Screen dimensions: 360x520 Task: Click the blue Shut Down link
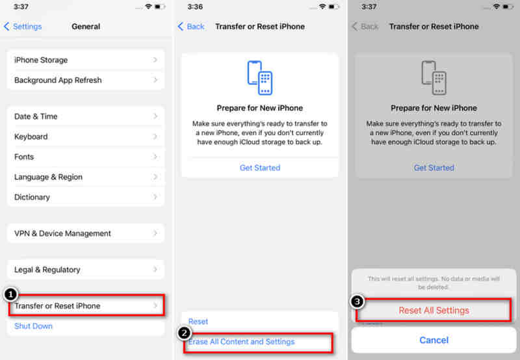click(34, 326)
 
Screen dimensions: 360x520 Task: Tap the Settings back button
click(23, 27)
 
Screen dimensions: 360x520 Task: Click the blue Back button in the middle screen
click(192, 27)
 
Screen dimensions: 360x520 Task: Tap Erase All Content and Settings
click(242, 342)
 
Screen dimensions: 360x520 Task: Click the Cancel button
click(434, 340)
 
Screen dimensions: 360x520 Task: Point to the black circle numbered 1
click(10, 294)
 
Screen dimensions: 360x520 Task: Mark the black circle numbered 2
click(185, 333)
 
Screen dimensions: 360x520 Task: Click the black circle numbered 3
click(357, 302)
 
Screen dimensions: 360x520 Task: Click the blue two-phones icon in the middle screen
click(259, 77)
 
